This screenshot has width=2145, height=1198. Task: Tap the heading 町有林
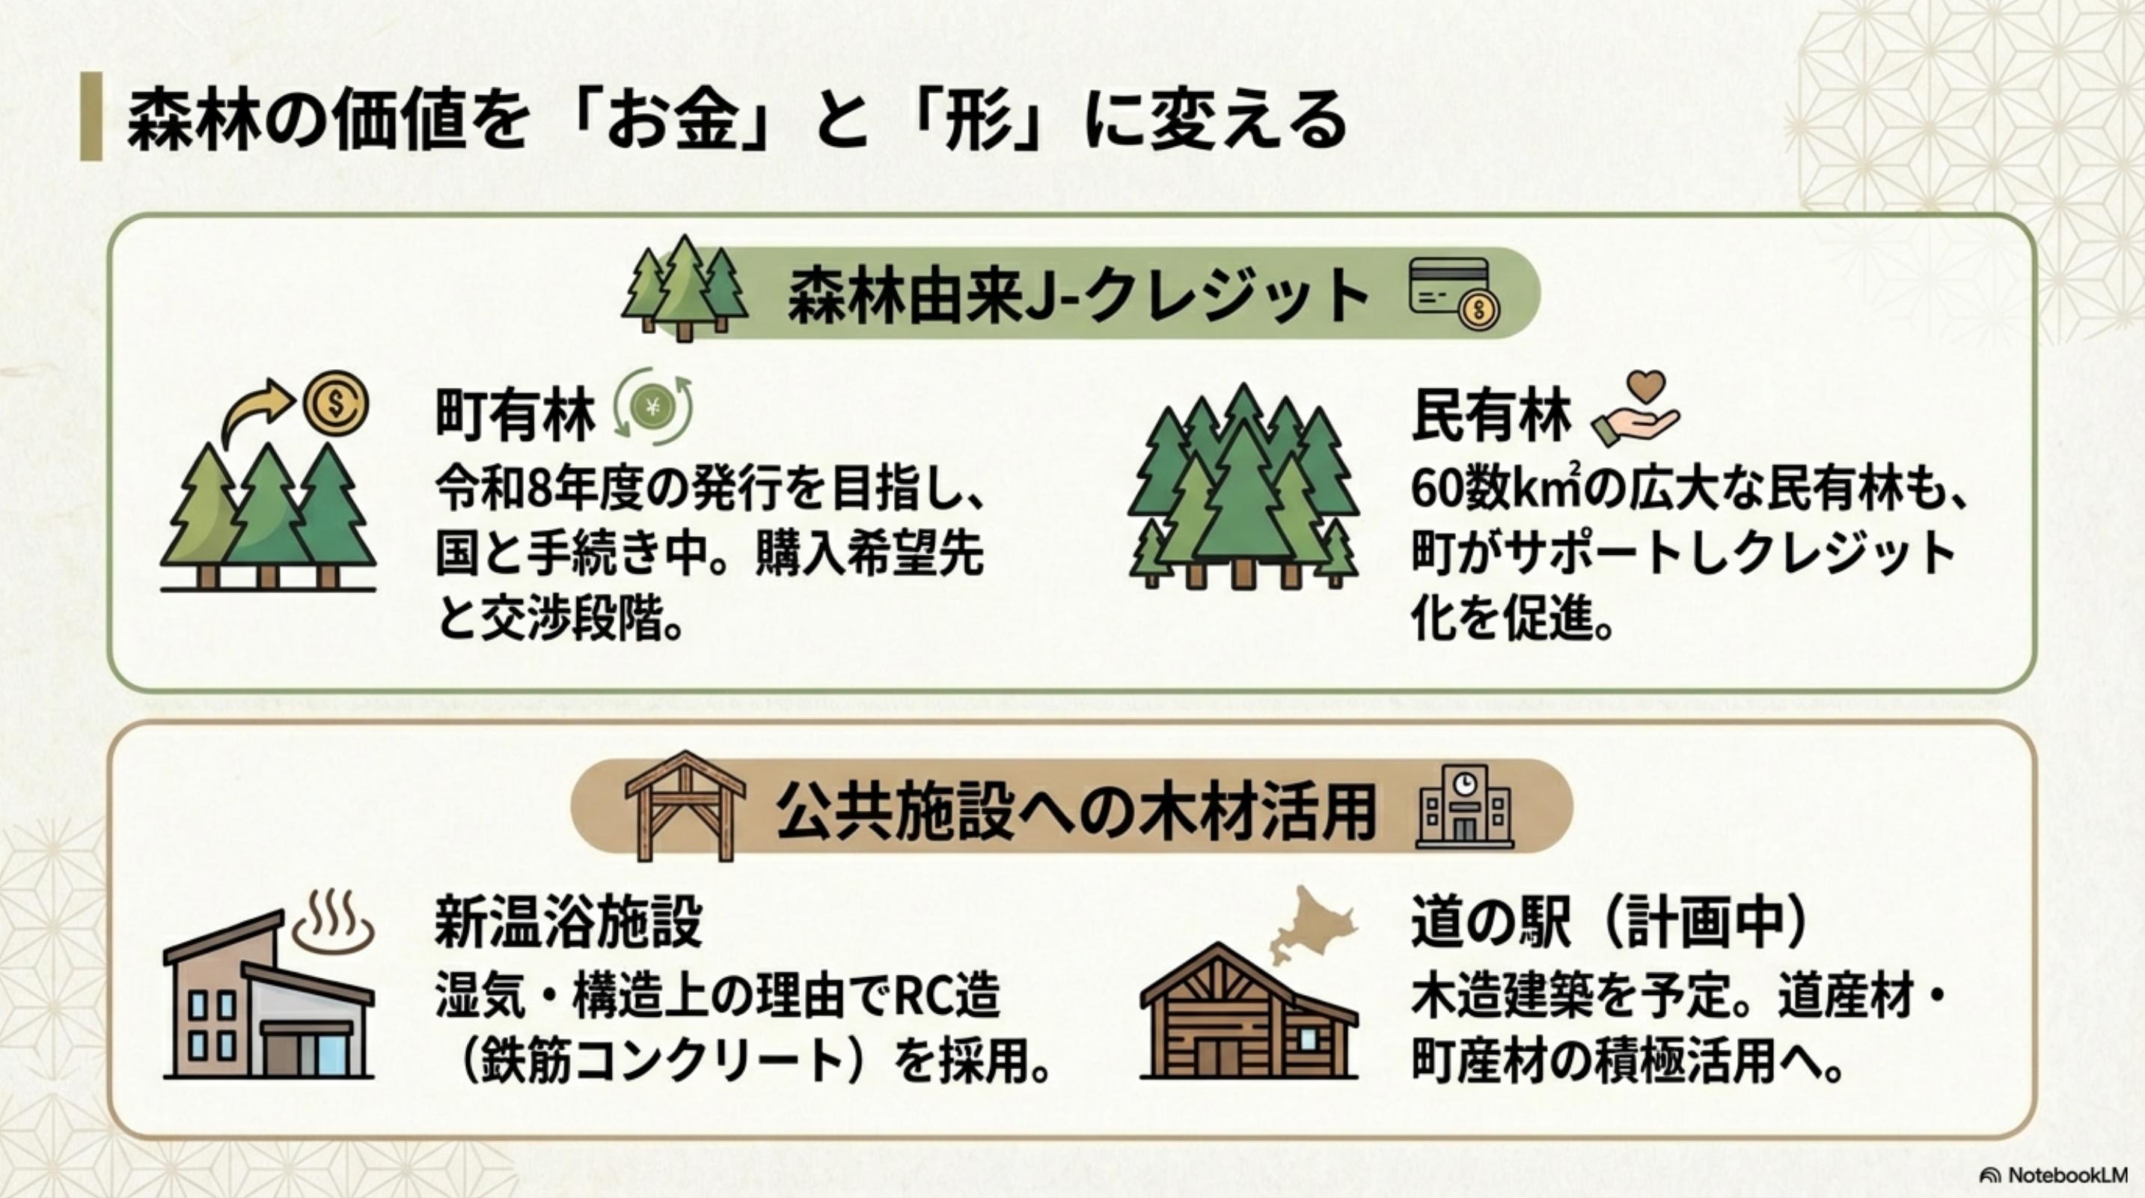(x=515, y=416)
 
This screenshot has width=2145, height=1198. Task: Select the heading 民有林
(x=1490, y=416)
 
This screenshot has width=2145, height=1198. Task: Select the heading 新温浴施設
(x=568, y=922)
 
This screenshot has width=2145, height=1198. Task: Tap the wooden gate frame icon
(x=685, y=805)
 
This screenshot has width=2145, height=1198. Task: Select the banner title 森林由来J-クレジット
(x=1078, y=295)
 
